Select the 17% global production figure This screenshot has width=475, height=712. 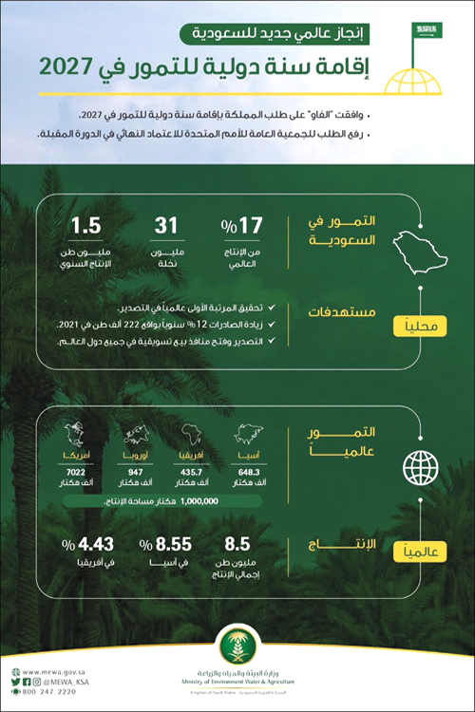242,228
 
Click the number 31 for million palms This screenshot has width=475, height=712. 166,228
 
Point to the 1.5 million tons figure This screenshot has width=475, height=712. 86,228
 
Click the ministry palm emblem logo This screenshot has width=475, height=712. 237,648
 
